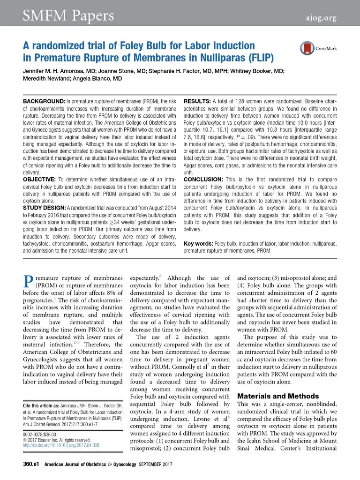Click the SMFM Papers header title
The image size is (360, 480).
68,16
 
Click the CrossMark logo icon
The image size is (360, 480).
307,48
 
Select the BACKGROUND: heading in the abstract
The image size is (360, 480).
44,102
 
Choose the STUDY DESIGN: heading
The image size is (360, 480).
45,207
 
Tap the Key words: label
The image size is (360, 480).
198,244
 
